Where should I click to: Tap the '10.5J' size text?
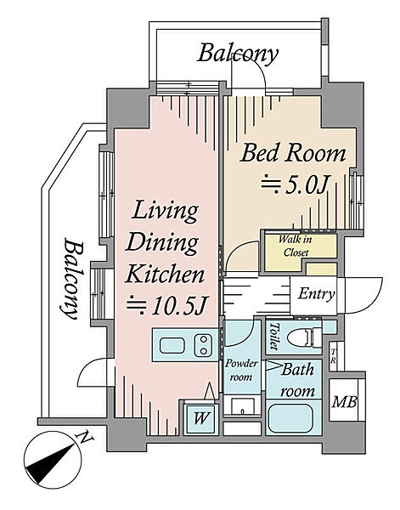(178, 305)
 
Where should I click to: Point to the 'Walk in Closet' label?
(295, 246)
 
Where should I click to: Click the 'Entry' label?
(316, 294)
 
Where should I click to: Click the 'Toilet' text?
(274, 337)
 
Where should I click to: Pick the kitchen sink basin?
(172, 345)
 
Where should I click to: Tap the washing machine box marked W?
(200, 418)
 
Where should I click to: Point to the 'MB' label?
(345, 402)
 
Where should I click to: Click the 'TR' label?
(333, 356)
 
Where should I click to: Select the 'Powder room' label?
(241, 370)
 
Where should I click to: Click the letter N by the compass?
(86, 438)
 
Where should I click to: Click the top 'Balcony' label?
(238, 54)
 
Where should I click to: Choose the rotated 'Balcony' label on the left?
(73, 279)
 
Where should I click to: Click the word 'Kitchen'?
(166, 275)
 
